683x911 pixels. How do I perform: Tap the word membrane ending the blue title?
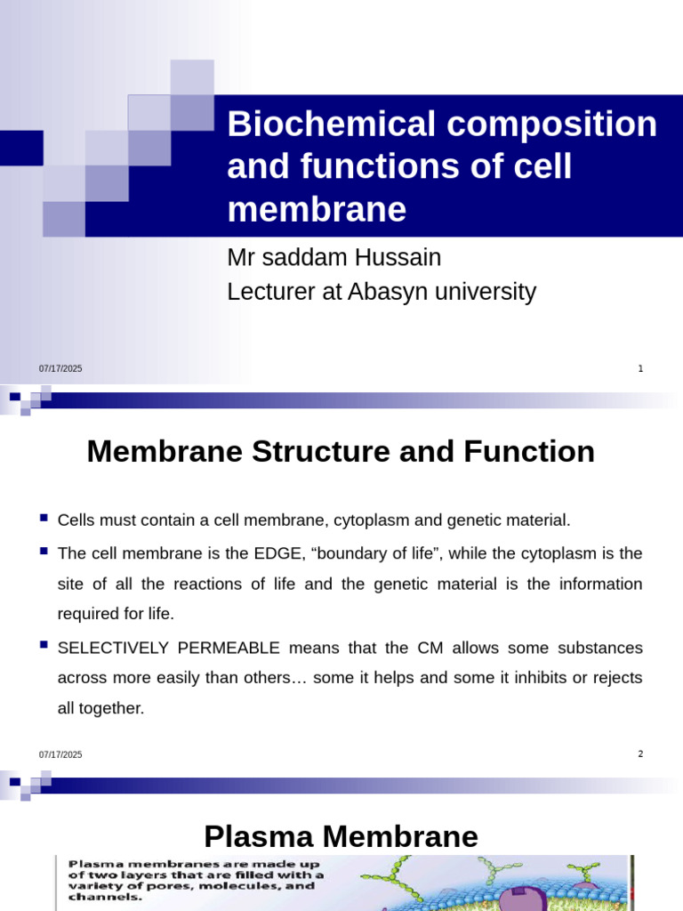click(x=317, y=210)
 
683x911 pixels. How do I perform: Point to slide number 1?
click(x=640, y=368)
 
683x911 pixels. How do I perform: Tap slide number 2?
click(x=640, y=754)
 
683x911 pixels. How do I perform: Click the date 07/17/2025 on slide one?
click(x=60, y=369)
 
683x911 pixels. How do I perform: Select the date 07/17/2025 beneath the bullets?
click(x=60, y=755)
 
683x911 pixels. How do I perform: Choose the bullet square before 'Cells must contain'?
click(x=44, y=517)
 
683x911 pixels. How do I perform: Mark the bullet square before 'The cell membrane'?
click(x=44, y=552)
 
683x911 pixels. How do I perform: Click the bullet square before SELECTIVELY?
click(x=44, y=646)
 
